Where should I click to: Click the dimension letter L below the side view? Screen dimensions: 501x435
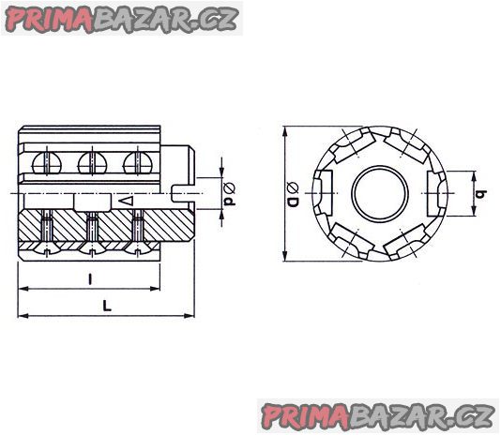coord(107,306)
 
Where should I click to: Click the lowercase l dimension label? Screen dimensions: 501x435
coord(91,279)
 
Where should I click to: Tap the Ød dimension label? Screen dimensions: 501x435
coord(230,193)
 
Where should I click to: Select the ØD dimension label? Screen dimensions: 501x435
coord(293,194)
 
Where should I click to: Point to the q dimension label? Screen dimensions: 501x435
coord(481,193)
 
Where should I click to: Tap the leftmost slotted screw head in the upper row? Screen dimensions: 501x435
coord(47,163)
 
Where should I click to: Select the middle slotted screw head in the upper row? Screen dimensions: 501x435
coord(93,163)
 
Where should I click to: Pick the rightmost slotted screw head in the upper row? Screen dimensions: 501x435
coord(138,163)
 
